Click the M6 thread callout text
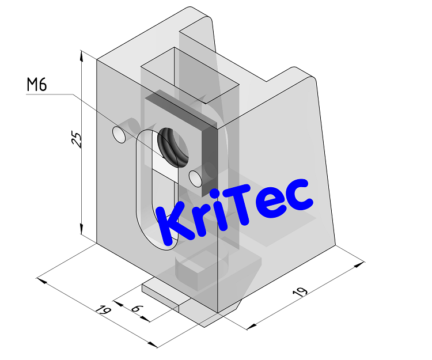coord(36,85)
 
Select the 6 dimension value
coord(136,309)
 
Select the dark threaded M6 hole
coord(173,144)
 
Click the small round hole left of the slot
coord(119,135)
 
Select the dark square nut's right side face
coord(209,158)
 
